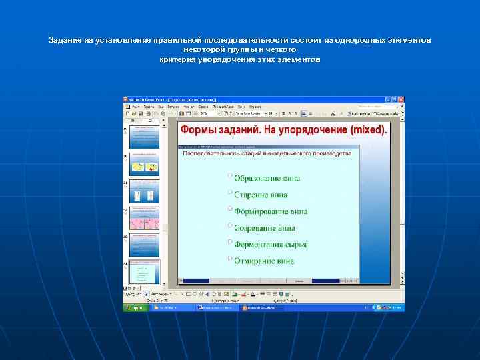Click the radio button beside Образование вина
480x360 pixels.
(x=230, y=176)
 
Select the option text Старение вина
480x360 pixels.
(x=261, y=195)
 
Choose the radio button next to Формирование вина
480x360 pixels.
(x=230, y=209)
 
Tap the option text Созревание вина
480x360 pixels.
(x=264, y=228)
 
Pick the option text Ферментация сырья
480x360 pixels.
(x=270, y=245)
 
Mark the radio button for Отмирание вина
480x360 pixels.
(x=230, y=258)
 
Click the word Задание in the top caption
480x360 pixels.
(x=64, y=41)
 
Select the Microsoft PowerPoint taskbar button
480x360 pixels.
(x=262, y=308)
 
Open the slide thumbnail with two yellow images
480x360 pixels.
(x=145, y=168)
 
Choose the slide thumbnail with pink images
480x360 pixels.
(x=145, y=222)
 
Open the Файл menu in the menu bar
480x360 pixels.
(x=136, y=106)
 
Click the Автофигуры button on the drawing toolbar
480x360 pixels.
(x=158, y=293)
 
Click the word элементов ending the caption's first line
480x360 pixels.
(x=409, y=41)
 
